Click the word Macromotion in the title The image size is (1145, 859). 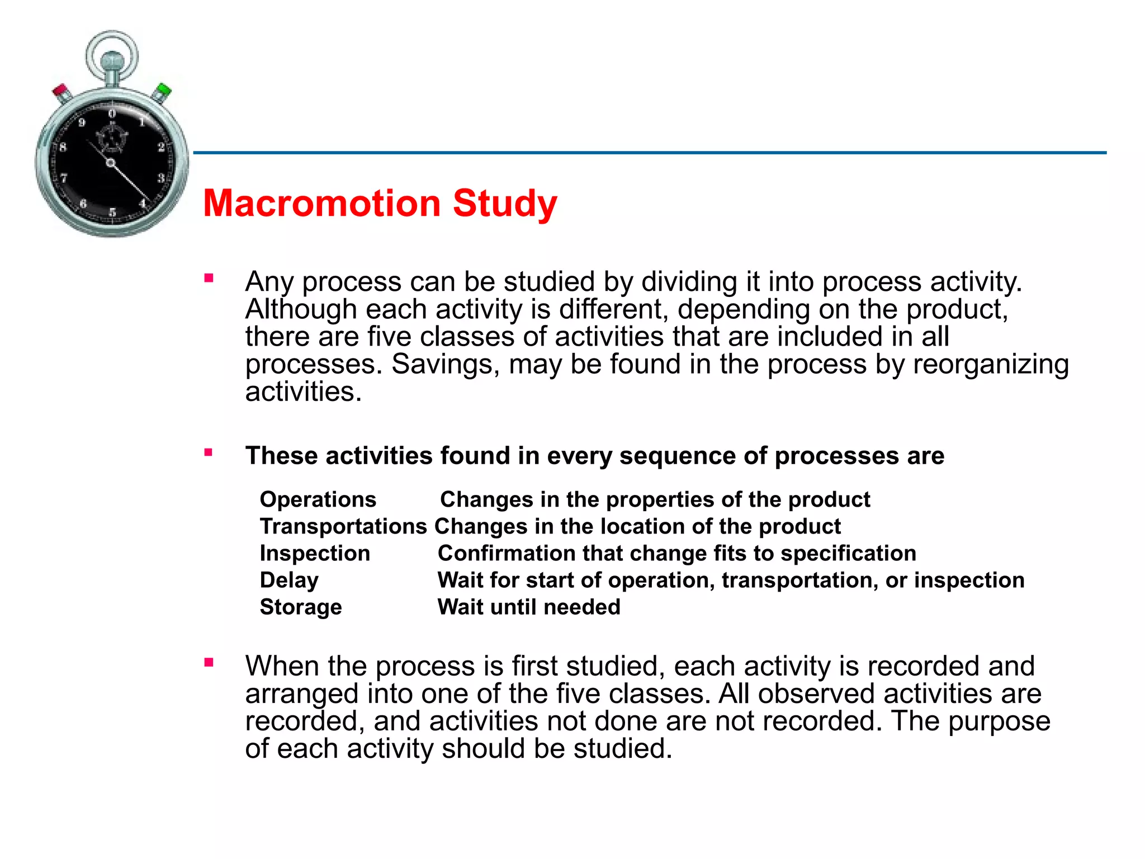point(322,204)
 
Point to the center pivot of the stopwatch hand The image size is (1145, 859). point(111,163)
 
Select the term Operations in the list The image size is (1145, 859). point(318,499)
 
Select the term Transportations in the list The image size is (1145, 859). point(343,526)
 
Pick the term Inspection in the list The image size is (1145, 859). point(315,553)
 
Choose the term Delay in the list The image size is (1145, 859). point(289,580)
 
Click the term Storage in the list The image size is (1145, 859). point(301,607)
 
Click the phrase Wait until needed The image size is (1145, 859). point(528,607)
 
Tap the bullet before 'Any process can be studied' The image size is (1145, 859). point(209,278)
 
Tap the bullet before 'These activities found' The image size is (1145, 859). point(209,452)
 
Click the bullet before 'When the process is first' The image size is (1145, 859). point(209,663)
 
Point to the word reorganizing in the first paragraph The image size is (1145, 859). point(991,364)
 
